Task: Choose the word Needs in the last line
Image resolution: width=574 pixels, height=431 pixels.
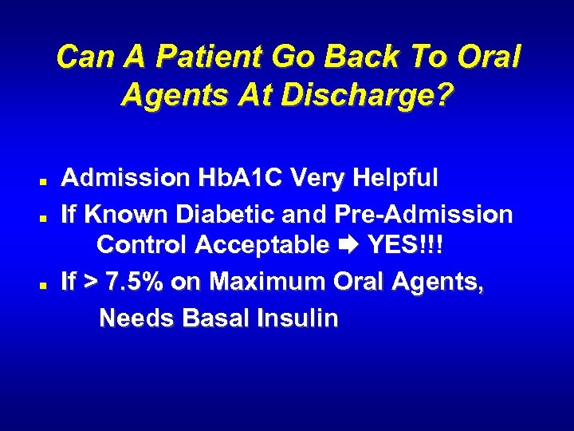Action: (137, 318)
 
